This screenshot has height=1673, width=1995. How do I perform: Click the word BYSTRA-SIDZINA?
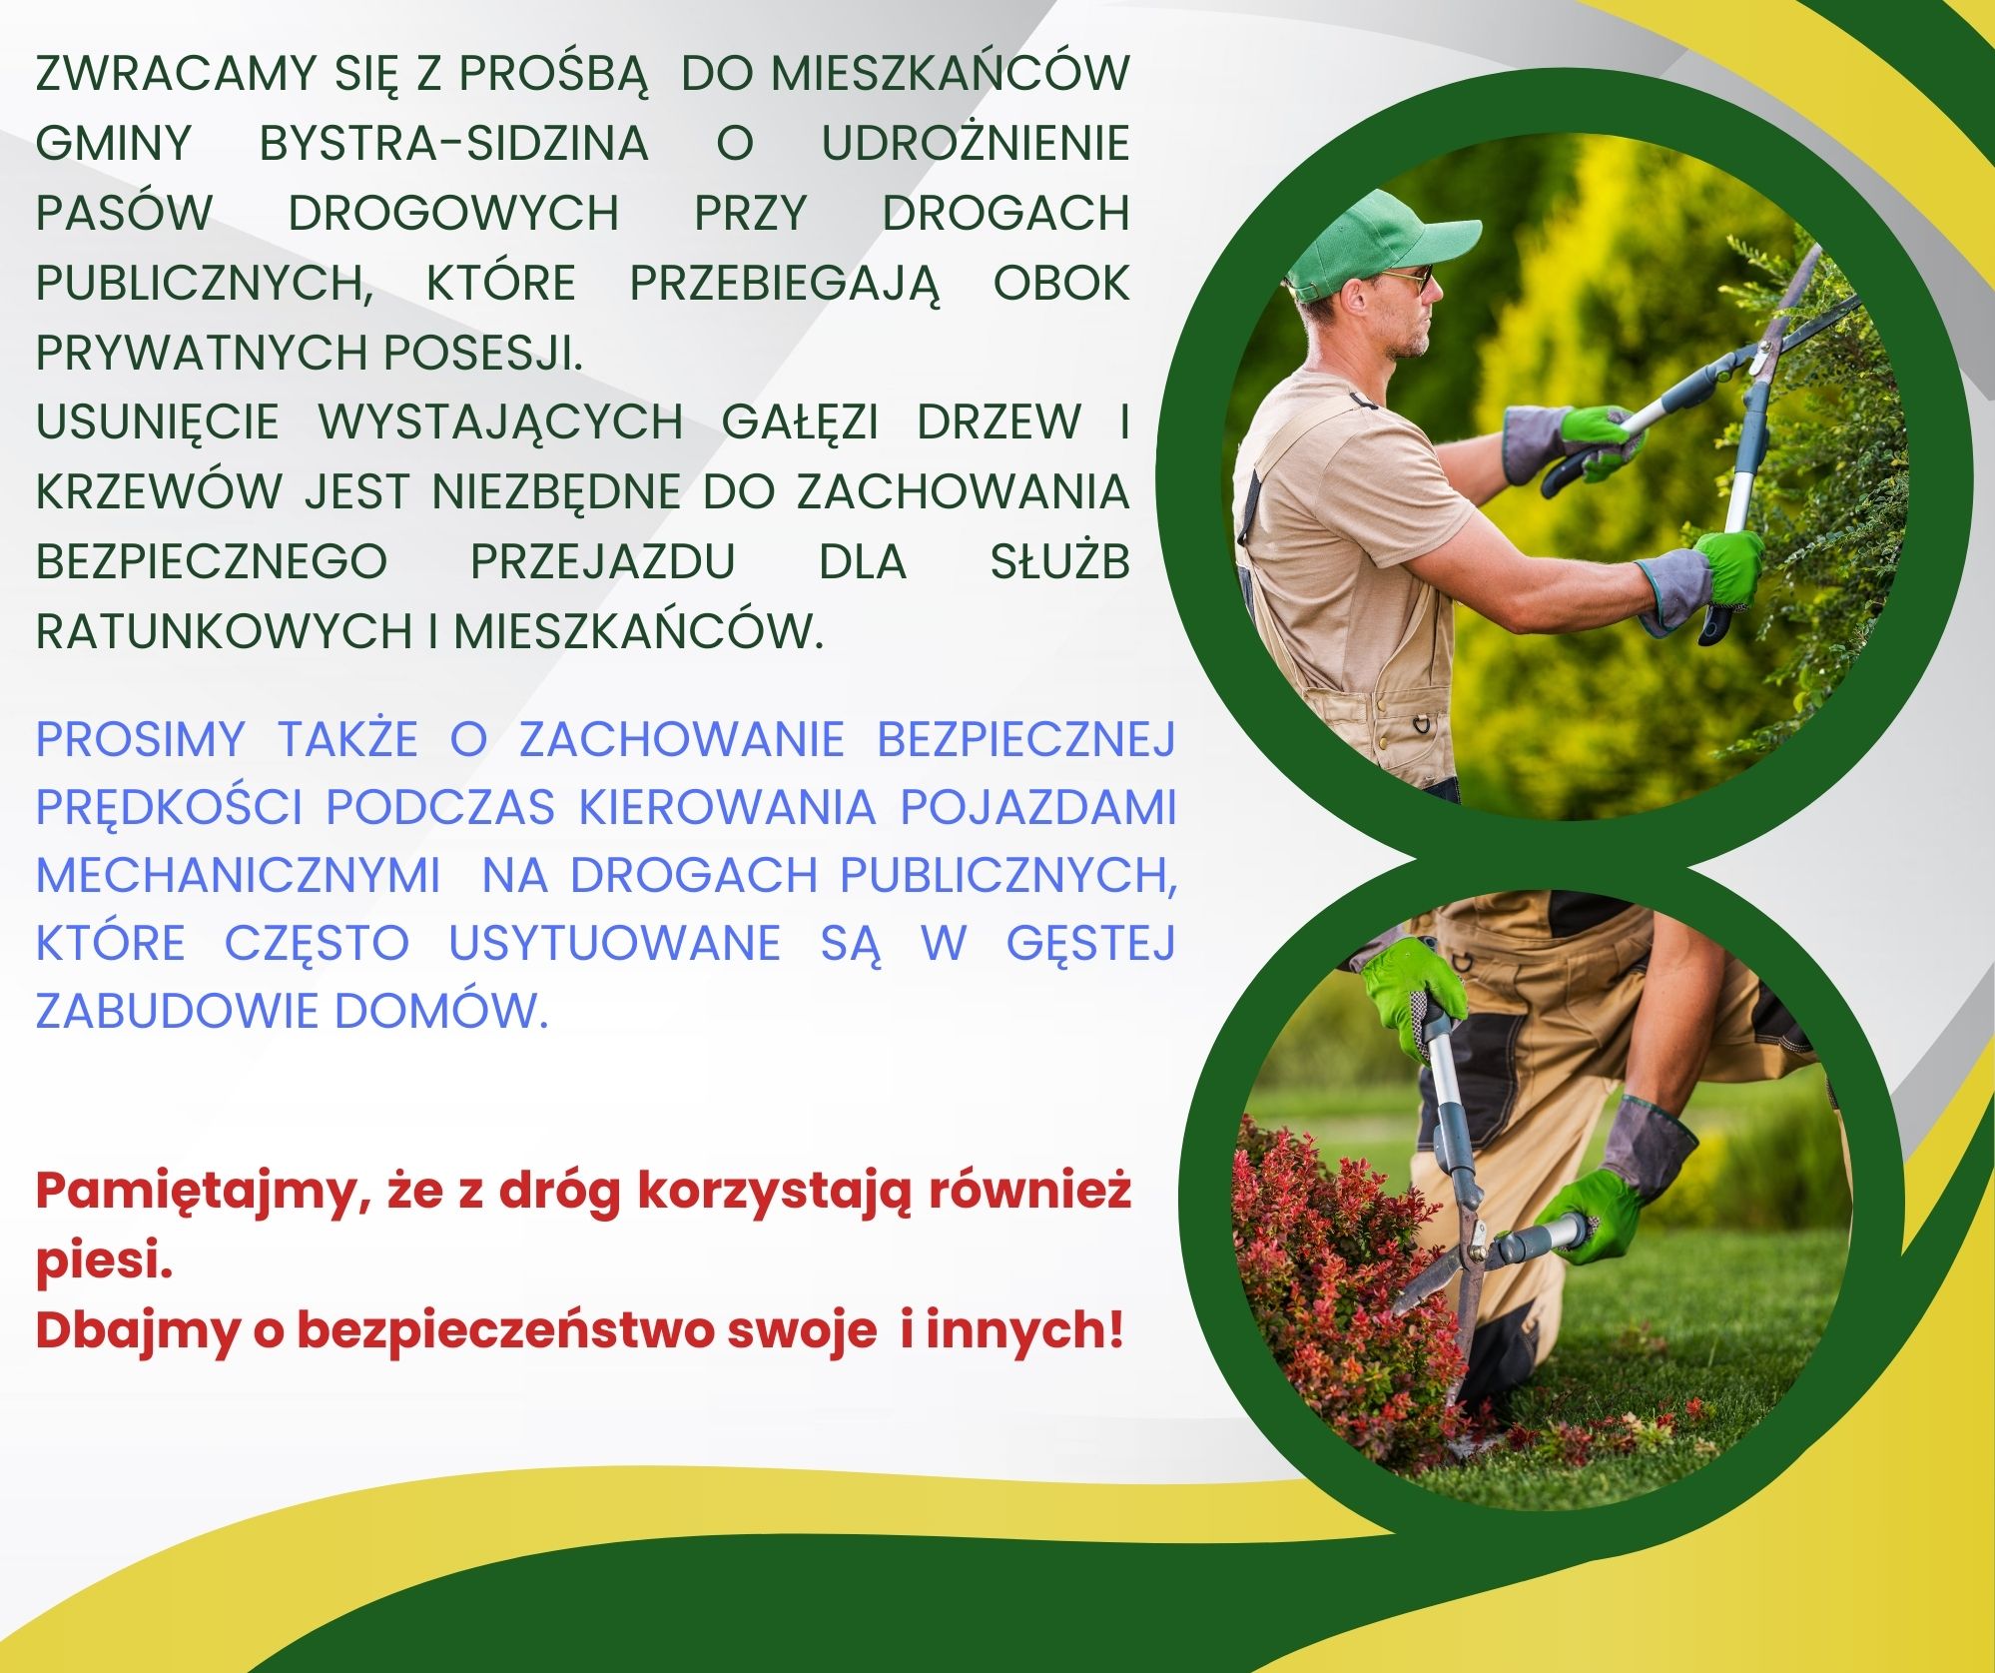453,144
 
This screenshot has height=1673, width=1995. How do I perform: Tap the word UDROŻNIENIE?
975,144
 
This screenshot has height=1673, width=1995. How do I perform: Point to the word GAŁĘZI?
800,422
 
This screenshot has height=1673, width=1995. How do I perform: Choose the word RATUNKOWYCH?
224,632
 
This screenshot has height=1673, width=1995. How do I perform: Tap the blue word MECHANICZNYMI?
238,876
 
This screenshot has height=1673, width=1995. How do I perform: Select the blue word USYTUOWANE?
614,945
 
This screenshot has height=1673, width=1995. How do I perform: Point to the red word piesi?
105,1262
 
